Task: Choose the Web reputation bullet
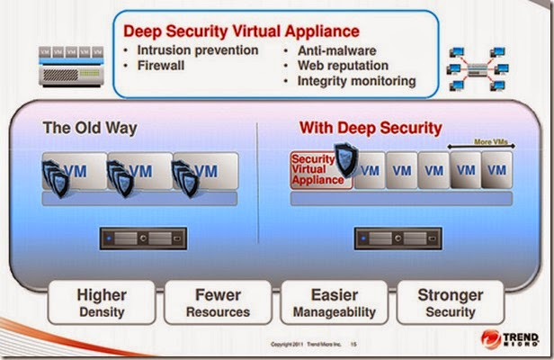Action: point(343,65)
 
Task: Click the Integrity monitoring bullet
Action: point(356,81)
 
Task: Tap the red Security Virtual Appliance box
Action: point(318,168)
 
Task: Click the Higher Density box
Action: point(101,302)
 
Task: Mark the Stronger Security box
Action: point(451,302)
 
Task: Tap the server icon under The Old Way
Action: point(144,238)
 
